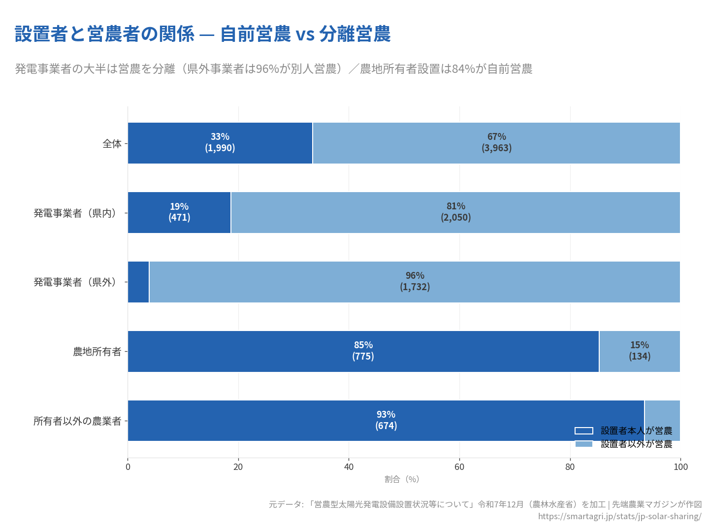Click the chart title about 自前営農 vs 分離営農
[x=202, y=34]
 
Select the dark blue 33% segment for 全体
[x=220, y=143]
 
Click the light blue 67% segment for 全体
[x=496, y=143]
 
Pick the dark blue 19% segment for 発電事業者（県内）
[x=179, y=212]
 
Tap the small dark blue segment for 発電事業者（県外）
[x=138, y=282]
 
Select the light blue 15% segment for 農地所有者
[x=639, y=351]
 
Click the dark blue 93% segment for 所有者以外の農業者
[x=386, y=420]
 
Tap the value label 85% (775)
[x=363, y=351]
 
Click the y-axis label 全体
[x=112, y=144]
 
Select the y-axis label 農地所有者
[x=97, y=352]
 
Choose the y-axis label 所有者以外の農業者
[x=77, y=421]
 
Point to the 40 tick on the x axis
[x=349, y=467]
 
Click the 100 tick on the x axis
[x=680, y=467]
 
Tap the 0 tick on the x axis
[x=128, y=467]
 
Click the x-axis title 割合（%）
[x=402, y=479]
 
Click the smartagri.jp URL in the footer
[x=619, y=516]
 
